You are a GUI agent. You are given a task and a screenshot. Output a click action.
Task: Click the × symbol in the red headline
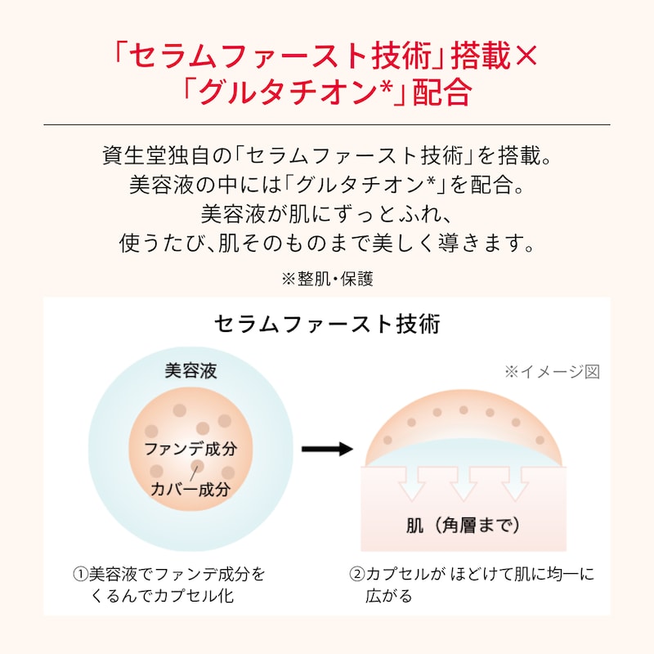click(526, 56)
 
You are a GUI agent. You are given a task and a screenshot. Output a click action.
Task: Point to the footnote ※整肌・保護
click(327, 279)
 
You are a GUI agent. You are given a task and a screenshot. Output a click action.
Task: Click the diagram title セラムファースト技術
click(327, 324)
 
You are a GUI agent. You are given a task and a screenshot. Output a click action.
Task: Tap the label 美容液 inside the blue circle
click(190, 371)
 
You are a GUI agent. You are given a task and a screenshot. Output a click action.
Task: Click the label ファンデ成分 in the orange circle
click(190, 449)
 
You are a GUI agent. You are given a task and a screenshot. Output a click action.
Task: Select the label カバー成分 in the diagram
click(190, 489)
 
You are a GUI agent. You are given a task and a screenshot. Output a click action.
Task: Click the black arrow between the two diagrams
click(328, 449)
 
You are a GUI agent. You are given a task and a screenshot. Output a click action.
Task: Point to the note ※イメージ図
click(552, 372)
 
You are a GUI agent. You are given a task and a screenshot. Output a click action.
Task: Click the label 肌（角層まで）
click(464, 525)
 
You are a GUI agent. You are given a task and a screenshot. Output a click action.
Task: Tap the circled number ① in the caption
click(80, 575)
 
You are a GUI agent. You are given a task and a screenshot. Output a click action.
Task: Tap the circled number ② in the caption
click(357, 575)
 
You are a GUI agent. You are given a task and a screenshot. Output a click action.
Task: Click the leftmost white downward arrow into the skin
click(412, 483)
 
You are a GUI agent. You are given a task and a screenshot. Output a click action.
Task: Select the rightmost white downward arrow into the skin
click(516, 483)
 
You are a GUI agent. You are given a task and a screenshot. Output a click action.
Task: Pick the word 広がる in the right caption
click(389, 596)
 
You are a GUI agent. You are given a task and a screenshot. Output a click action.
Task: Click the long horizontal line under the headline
click(327, 124)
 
